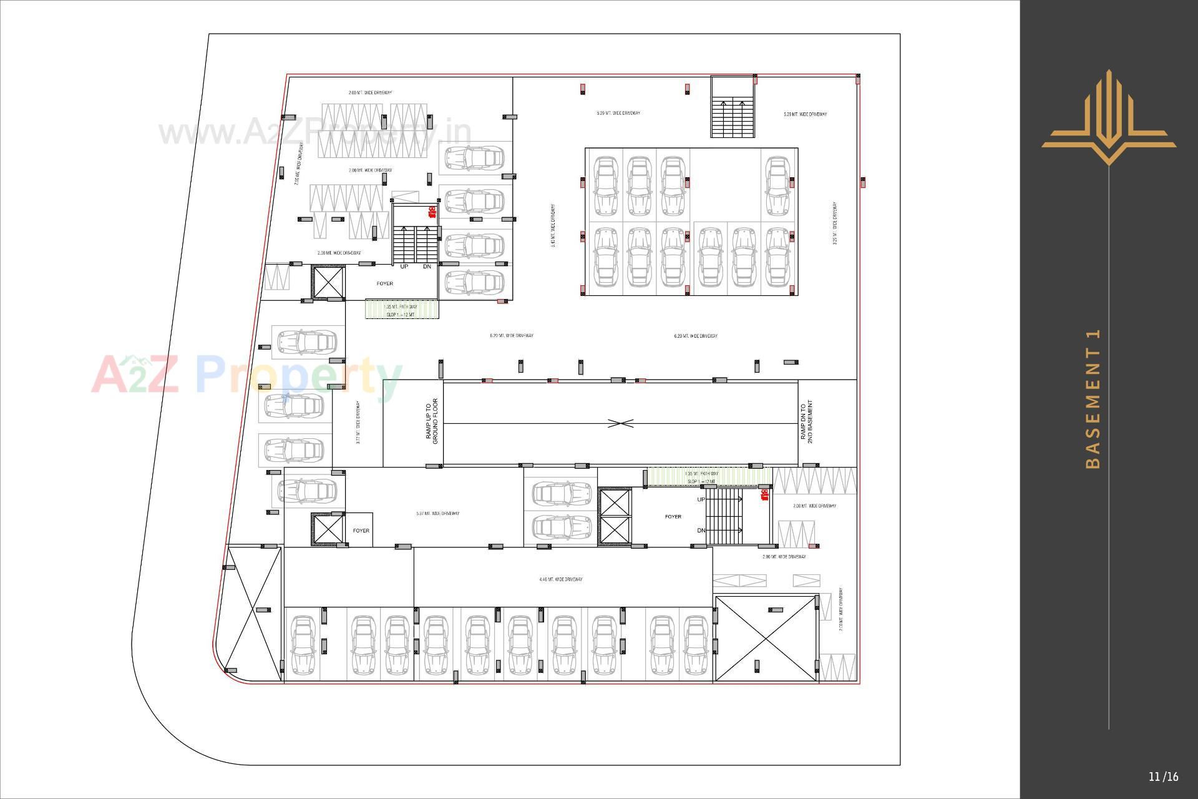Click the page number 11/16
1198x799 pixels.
click(1163, 777)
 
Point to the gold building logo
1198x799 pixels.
click(1108, 119)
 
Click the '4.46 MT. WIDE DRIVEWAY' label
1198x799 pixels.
click(560, 579)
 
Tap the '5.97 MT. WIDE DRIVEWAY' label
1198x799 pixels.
click(437, 514)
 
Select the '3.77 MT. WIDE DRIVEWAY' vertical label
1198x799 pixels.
click(358, 423)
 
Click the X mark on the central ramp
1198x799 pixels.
click(620, 423)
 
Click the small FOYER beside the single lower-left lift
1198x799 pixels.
click(361, 531)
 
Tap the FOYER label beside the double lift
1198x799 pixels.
click(673, 517)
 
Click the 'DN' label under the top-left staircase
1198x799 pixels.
click(427, 267)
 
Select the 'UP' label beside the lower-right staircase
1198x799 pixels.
click(701, 499)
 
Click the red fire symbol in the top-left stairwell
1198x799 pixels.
click(431, 212)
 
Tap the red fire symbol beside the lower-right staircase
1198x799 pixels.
click(763, 495)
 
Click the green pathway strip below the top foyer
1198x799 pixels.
click(402, 309)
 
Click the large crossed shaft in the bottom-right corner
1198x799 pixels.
click(765, 638)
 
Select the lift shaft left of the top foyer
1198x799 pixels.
click(328, 282)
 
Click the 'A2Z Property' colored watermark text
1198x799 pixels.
click(246, 375)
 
